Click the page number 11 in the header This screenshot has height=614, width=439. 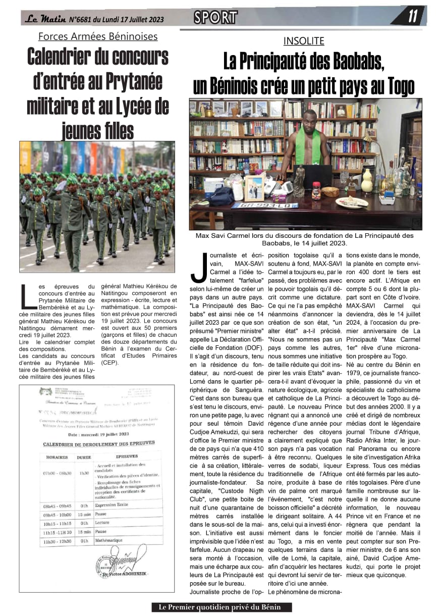click(413, 17)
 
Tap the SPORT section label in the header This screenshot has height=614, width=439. click(215, 18)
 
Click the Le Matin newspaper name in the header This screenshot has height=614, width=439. click(45, 20)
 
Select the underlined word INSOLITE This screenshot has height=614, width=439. click(303, 41)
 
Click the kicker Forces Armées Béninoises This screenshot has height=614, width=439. click(98, 36)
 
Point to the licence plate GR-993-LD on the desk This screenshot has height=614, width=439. click(257, 206)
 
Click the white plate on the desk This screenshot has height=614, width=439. click(352, 202)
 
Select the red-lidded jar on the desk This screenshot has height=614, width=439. click(317, 191)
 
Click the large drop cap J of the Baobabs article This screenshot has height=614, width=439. click(199, 268)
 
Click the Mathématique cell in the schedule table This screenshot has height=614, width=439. click(108, 540)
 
